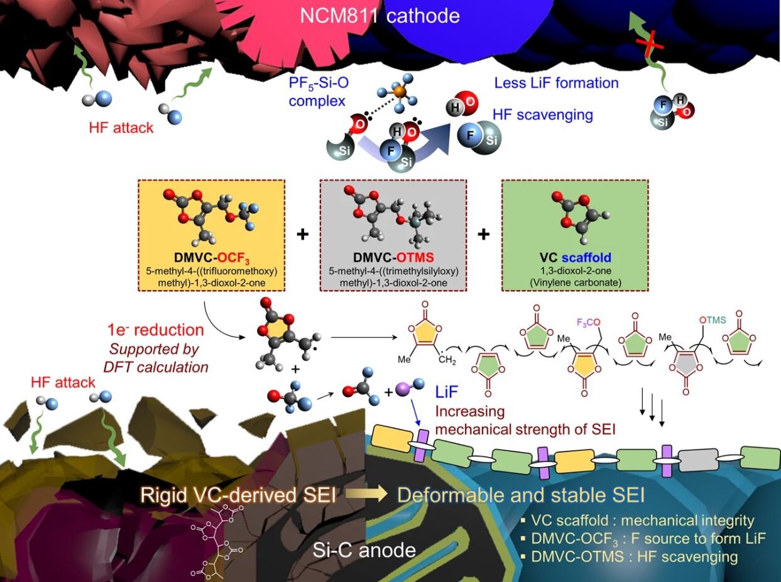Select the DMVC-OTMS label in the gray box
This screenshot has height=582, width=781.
click(393, 258)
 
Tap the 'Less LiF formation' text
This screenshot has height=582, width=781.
click(556, 82)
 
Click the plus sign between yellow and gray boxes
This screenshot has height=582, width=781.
click(303, 234)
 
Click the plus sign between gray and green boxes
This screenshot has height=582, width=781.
click(483, 234)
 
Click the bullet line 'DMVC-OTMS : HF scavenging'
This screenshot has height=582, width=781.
click(634, 556)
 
